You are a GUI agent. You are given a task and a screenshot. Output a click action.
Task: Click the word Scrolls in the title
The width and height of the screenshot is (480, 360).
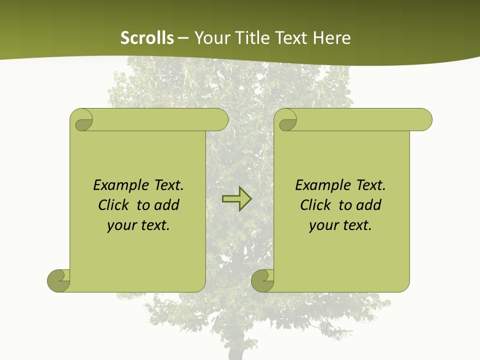click(147, 38)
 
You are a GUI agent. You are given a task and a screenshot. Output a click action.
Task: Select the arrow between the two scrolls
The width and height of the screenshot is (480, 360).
click(236, 199)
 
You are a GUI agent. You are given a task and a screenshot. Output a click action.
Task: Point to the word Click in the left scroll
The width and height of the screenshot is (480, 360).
click(113, 205)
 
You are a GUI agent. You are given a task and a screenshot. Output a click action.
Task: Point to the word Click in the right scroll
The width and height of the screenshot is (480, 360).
click(315, 205)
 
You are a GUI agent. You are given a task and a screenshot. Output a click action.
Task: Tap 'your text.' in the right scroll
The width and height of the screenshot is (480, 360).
click(340, 225)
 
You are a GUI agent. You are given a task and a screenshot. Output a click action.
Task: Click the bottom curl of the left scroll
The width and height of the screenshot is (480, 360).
click(58, 280)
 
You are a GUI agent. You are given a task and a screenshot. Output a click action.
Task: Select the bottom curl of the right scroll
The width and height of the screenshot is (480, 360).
click(262, 280)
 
